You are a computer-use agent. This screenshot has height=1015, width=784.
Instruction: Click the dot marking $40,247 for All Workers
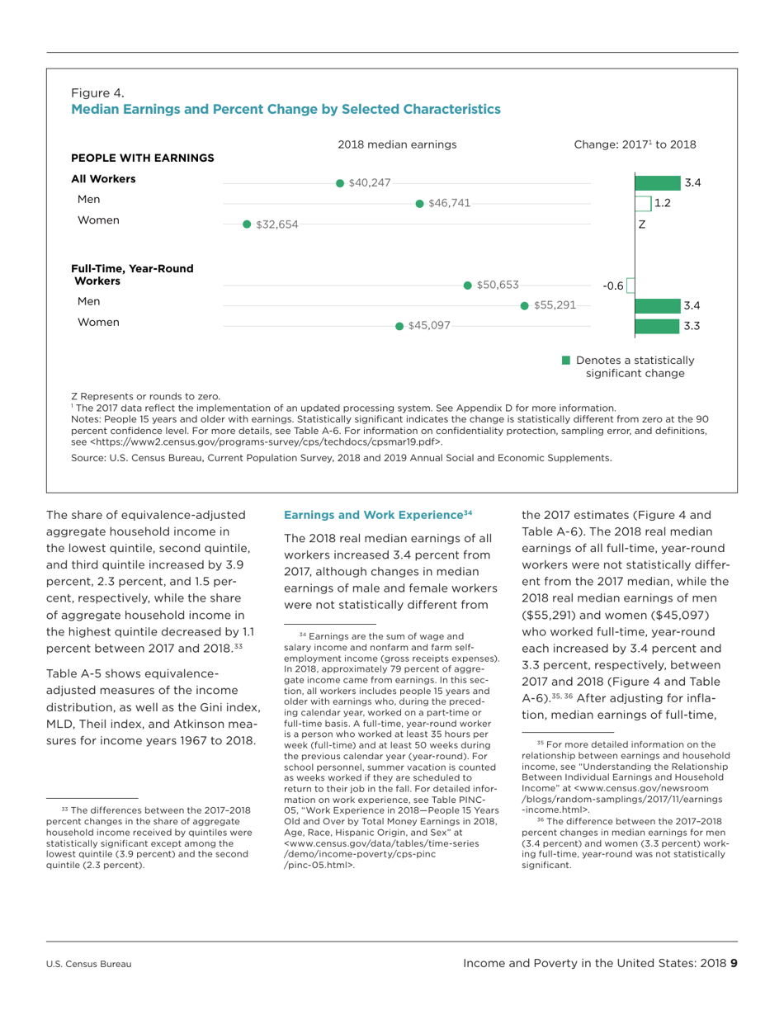click(x=340, y=183)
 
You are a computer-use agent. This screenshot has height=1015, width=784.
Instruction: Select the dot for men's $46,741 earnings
click(x=419, y=203)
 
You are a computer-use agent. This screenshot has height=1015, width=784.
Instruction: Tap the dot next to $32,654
click(x=247, y=224)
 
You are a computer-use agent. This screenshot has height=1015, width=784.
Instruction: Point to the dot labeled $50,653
click(x=468, y=286)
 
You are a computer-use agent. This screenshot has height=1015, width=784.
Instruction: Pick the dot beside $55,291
click(x=525, y=305)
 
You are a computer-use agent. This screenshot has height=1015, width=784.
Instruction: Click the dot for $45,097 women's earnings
click(x=400, y=326)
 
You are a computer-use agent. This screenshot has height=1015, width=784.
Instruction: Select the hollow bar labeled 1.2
click(x=641, y=203)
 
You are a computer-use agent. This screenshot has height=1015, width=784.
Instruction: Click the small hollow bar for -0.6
click(x=630, y=286)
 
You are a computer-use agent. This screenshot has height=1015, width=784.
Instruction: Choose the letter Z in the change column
click(x=641, y=224)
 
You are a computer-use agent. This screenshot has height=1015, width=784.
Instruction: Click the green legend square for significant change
click(x=566, y=360)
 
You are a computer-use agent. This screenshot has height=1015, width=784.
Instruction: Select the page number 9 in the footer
click(x=732, y=963)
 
